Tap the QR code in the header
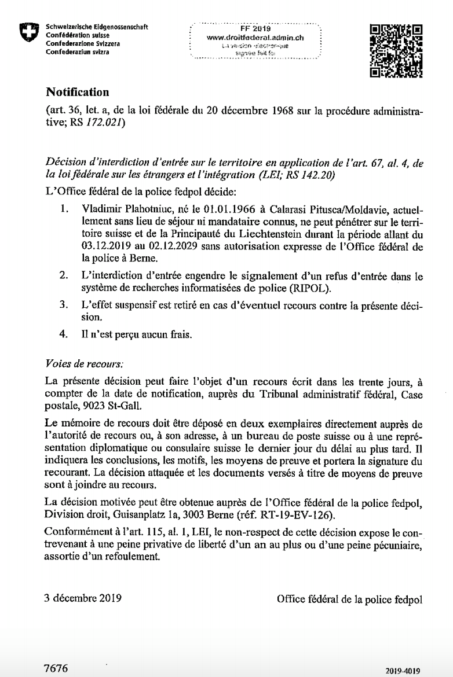coord(396,51)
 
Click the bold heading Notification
coord(77,92)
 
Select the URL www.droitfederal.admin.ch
coord(255,37)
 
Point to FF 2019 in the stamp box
coord(255,27)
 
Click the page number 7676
coord(56,668)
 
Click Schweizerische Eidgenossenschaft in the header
coord(97,27)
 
